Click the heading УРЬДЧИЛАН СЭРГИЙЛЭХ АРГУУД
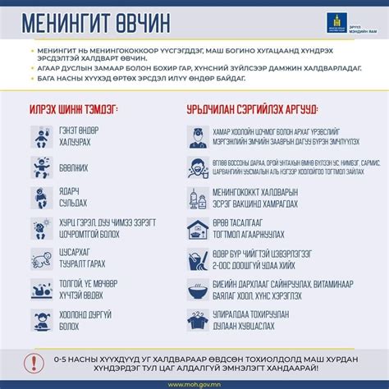254,110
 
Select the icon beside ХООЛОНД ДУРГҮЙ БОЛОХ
42,318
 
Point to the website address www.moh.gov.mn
194,382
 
